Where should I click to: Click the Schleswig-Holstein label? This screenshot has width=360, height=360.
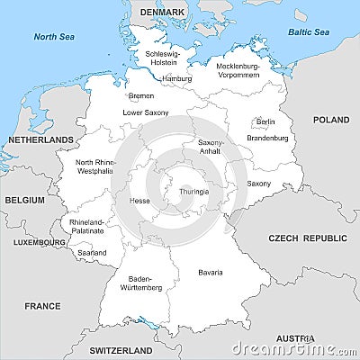[x=162, y=58]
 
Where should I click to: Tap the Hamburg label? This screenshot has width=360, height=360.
[x=176, y=78]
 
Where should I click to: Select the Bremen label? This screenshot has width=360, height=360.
[x=141, y=95]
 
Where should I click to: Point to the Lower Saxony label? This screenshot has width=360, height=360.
[x=145, y=112]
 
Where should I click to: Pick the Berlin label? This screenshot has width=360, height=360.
[x=265, y=121]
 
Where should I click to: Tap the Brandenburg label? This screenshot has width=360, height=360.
[x=267, y=138]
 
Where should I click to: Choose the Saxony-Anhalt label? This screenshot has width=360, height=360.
[x=211, y=147]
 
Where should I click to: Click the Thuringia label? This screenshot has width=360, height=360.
[x=193, y=191]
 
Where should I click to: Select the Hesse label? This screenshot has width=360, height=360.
[x=139, y=201]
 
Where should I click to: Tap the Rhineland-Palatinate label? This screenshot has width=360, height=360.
[x=86, y=226]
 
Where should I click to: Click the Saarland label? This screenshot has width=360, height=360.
[x=91, y=253]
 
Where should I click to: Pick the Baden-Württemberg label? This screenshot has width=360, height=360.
[x=145, y=283]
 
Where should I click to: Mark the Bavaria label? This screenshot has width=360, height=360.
[x=211, y=272]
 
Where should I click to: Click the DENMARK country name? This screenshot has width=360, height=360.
[x=162, y=12]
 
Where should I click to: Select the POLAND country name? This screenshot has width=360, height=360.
[x=331, y=120]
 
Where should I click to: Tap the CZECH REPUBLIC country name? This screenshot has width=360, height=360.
[x=307, y=238]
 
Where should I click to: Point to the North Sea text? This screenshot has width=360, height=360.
[x=52, y=37]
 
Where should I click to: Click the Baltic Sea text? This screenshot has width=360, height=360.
[x=309, y=32]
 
